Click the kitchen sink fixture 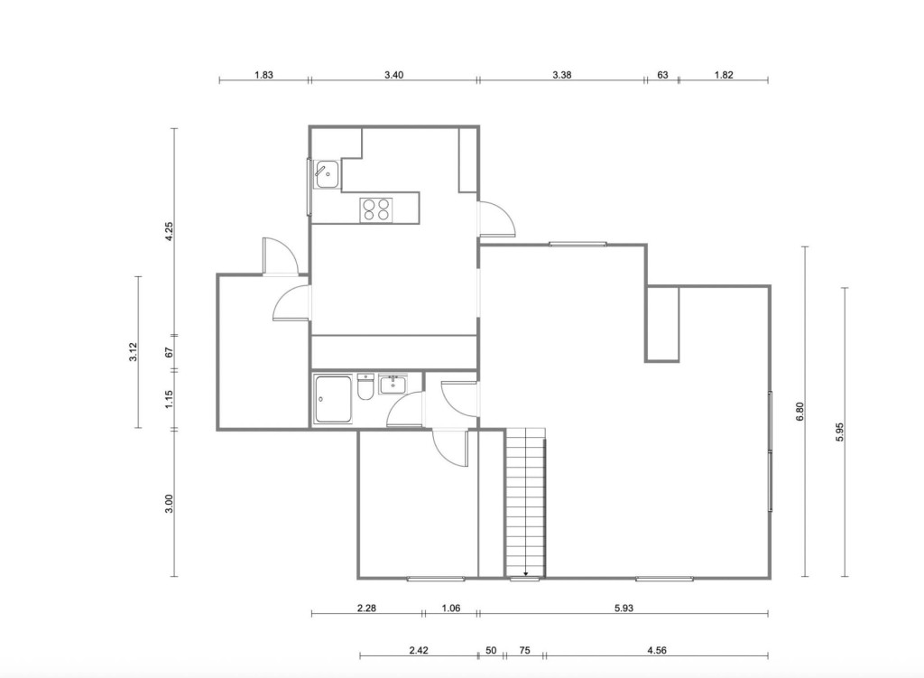[x=326, y=174]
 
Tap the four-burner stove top [x=376, y=209]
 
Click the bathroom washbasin [x=393, y=385]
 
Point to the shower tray [x=333, y=398]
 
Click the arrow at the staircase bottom [x=526, y=573]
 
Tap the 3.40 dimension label [x=393, y=75]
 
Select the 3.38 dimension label [x=561, y=75]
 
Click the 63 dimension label [x=662, y=75]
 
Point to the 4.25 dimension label [x=169, y=231]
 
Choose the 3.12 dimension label [x=134, y=352]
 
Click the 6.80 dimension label [x=799, y=412]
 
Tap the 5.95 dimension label [x=840, y=432]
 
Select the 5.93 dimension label [x=624, y=608]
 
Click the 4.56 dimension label [x=657, y=650]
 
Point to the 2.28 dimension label [x=366, y=608]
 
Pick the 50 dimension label [x=491, y=650]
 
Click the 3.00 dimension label [x=169, y=504]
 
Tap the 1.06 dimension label [x=451, y=608]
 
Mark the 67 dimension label [x=169, y=352]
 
